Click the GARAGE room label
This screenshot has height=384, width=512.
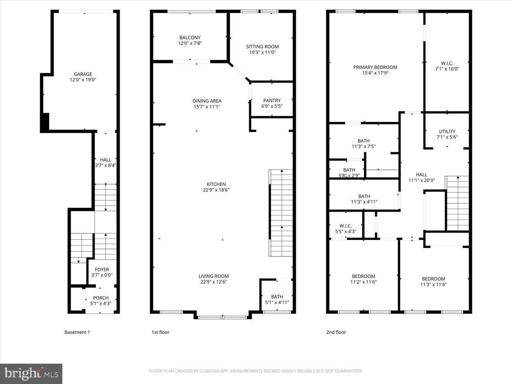83,74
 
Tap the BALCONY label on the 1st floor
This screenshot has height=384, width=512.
190,38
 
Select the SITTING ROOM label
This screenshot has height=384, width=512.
262,47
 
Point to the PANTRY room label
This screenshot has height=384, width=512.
272,101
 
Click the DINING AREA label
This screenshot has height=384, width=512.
207,101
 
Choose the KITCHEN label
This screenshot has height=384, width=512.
216,184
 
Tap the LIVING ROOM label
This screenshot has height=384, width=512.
213,276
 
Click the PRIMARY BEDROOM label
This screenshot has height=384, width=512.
375,67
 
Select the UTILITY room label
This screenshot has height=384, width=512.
447,132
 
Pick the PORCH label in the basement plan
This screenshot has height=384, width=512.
101,298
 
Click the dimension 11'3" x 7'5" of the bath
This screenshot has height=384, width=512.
363,146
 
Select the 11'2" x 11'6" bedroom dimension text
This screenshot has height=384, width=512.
363,282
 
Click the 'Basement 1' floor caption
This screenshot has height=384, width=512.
77,332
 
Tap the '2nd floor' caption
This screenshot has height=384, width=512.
336,332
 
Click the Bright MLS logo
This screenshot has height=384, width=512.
31,374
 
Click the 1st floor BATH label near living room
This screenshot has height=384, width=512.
277,297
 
